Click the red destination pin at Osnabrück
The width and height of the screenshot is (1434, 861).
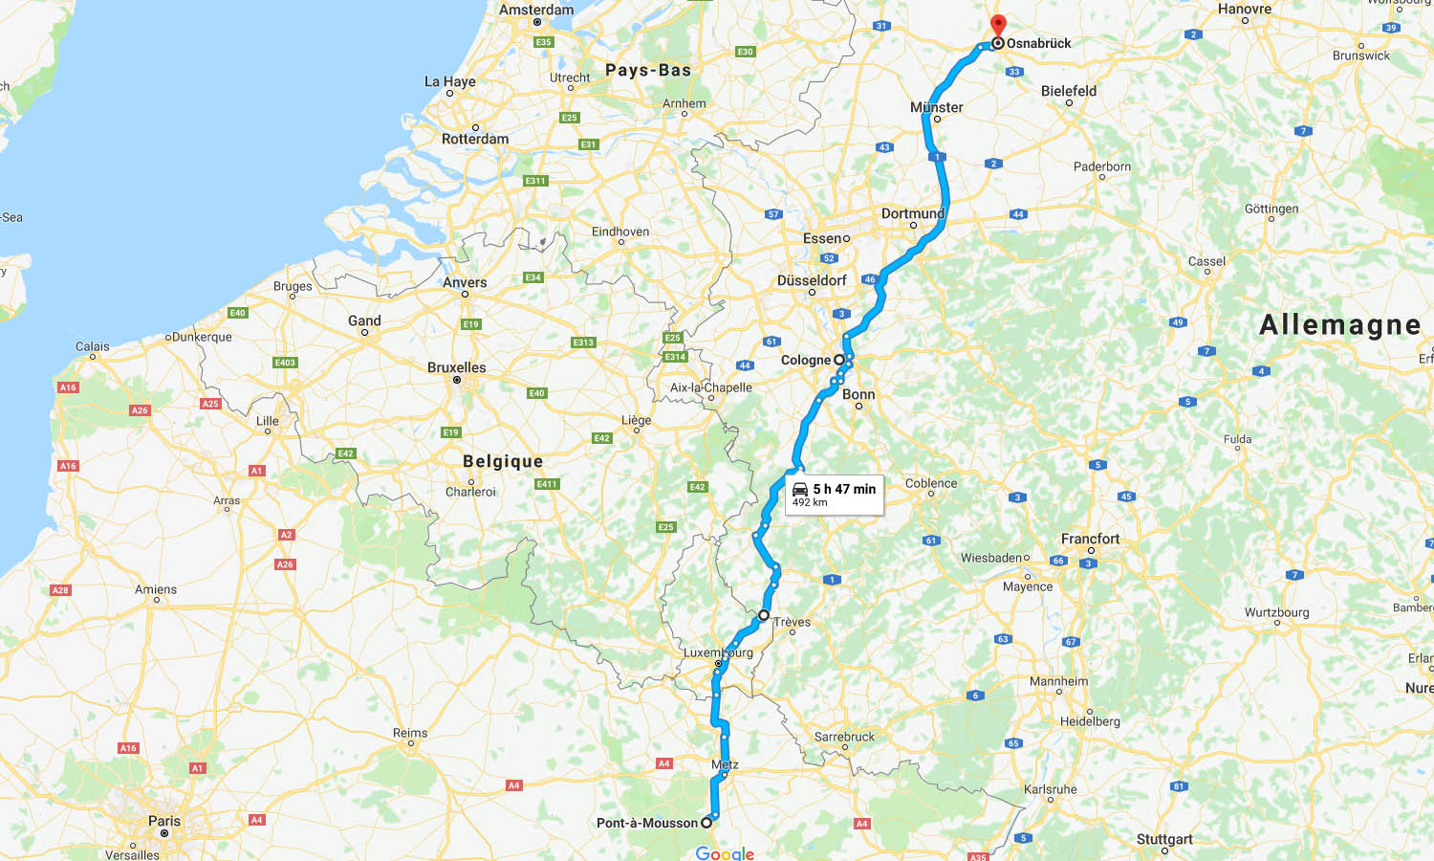[998, 25]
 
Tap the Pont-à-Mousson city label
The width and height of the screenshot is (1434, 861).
[647, 823]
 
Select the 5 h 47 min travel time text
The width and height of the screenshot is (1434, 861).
[844, 489]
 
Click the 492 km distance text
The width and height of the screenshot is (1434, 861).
[810, 502]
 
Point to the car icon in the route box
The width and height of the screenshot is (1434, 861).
[800, 489]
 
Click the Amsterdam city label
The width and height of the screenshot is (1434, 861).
[536, 11]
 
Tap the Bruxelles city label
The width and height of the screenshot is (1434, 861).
[456, 367]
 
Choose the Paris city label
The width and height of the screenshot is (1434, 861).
[164, 821]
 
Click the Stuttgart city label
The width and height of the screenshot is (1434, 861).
[1164, 839]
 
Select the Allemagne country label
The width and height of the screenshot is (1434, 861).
[1339, 325]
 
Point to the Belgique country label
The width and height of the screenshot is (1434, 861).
[503, 461]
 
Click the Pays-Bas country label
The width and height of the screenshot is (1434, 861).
[648, 70]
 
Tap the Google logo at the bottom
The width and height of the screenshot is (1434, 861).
[725, 853]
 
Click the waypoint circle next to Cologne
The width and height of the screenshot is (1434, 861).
[839, 360]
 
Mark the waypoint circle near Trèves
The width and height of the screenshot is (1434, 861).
[764, 615]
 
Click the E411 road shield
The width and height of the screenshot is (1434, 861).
[547, 484]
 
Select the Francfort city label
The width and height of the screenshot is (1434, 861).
[1090, 539]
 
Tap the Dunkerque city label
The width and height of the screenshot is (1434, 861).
[203, 337]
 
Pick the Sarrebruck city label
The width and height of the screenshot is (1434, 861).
[844, 737]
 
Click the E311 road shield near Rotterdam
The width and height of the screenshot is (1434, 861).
[535, 181]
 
